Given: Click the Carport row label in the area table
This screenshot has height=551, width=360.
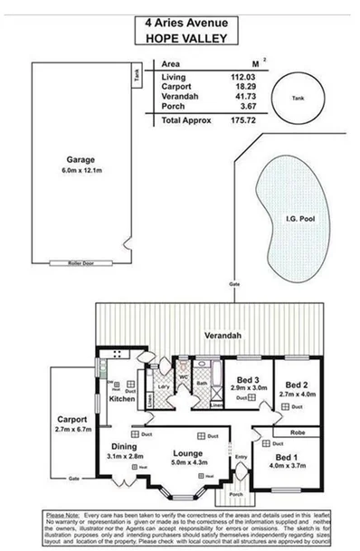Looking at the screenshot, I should pos(175,88).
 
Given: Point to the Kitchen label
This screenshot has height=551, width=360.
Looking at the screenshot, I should pos(121,398).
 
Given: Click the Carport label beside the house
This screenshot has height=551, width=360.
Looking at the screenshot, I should pos(71,420).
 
